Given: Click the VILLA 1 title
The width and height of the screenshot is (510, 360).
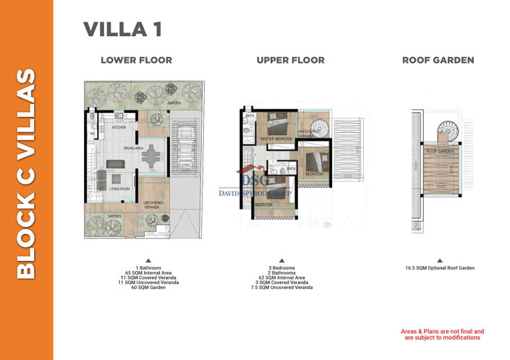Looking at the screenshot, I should tap(122, 30).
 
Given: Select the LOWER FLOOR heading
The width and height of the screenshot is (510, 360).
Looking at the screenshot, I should tap(136, 60).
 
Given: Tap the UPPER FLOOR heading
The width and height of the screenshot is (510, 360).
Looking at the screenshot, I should tap(290, 60).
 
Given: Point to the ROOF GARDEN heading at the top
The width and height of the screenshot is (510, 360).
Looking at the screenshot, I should tap(438, 60).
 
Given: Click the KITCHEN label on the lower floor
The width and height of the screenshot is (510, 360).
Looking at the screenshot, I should tap(119, 128).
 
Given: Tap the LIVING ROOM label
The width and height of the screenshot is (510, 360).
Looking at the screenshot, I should tap(119, 189).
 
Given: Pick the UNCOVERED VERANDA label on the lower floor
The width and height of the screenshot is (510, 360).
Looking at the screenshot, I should tap(153, 204).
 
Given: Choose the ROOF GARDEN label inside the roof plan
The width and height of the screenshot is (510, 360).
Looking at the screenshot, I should tap(439, 151).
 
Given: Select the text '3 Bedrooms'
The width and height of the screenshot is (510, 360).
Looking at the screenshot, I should tap(291, 267).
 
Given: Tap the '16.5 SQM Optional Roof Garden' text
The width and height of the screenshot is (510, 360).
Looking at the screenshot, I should tap(439, 267).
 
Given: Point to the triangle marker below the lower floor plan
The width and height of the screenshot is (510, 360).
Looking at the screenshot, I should tap(148, 260).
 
